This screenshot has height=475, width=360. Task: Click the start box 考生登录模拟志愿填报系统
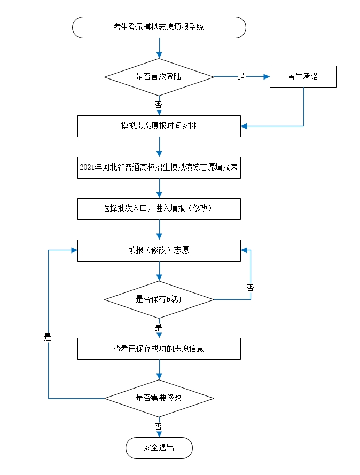159,27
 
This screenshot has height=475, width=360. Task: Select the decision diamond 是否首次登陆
159,76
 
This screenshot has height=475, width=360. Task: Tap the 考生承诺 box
303,76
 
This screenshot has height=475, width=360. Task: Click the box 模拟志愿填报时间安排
159,126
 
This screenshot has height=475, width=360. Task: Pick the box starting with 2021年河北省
159,168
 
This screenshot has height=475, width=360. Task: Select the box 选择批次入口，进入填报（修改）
159,209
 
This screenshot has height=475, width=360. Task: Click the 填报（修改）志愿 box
159,250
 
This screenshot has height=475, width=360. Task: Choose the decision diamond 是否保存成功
159,299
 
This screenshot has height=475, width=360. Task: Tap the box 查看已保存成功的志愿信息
159,349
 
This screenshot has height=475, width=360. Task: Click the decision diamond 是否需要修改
159,398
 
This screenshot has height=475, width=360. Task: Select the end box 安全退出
159,448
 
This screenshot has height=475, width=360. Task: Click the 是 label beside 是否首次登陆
241,77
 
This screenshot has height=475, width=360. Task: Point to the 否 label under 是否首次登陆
159,105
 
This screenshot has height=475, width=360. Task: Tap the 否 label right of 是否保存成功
250,288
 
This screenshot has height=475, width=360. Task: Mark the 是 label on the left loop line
48,337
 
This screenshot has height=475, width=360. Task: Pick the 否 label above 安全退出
159,426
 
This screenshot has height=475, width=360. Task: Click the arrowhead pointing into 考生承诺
267,76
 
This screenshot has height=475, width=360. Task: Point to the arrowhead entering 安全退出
159,434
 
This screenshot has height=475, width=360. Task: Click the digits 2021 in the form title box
87,168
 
